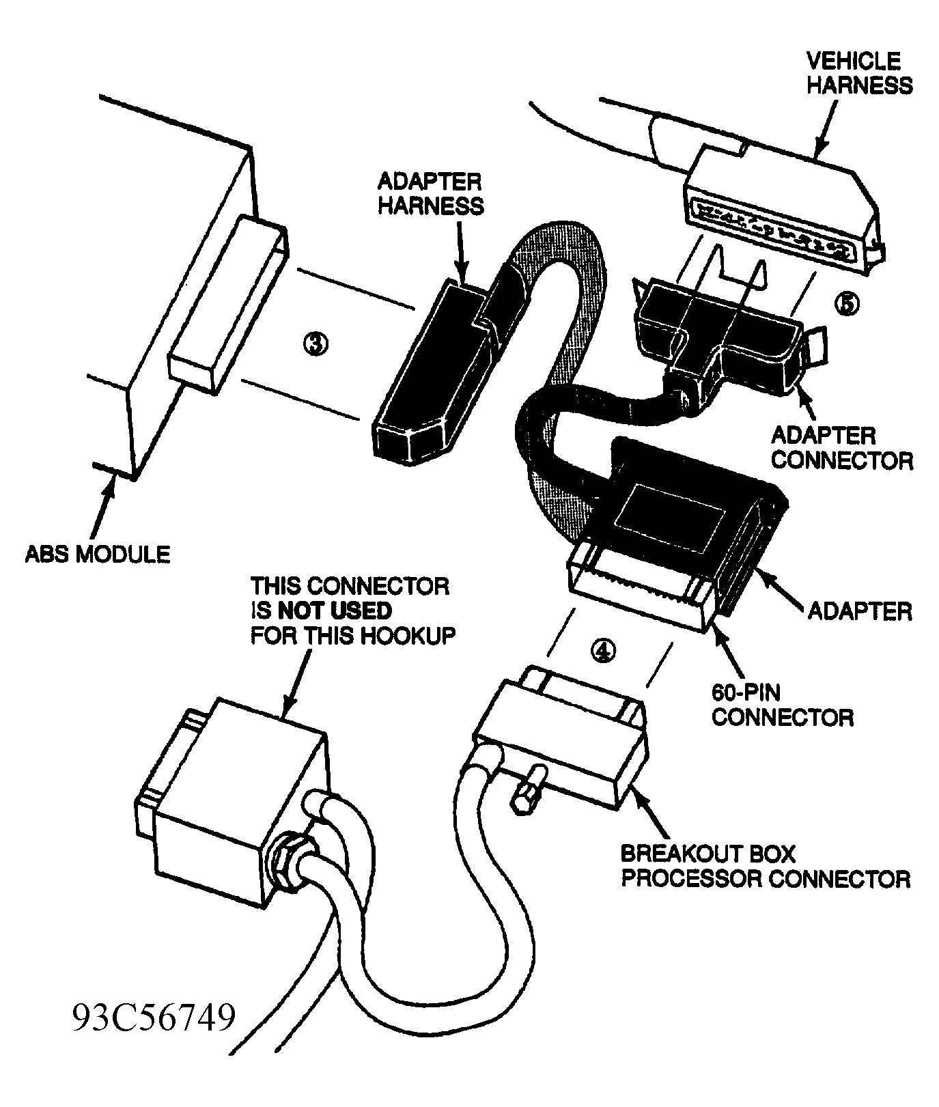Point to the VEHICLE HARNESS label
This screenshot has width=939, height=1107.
(x=858, y=72)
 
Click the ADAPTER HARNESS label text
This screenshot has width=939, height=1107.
(x=430, y=194)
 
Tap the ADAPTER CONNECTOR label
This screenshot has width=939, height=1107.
(x=841, y=447)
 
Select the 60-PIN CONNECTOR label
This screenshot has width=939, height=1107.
(x=781, y=704)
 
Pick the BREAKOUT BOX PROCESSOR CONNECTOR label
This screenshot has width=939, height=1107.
(x=765, y=865)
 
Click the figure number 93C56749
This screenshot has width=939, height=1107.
(x=154, y=1018)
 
